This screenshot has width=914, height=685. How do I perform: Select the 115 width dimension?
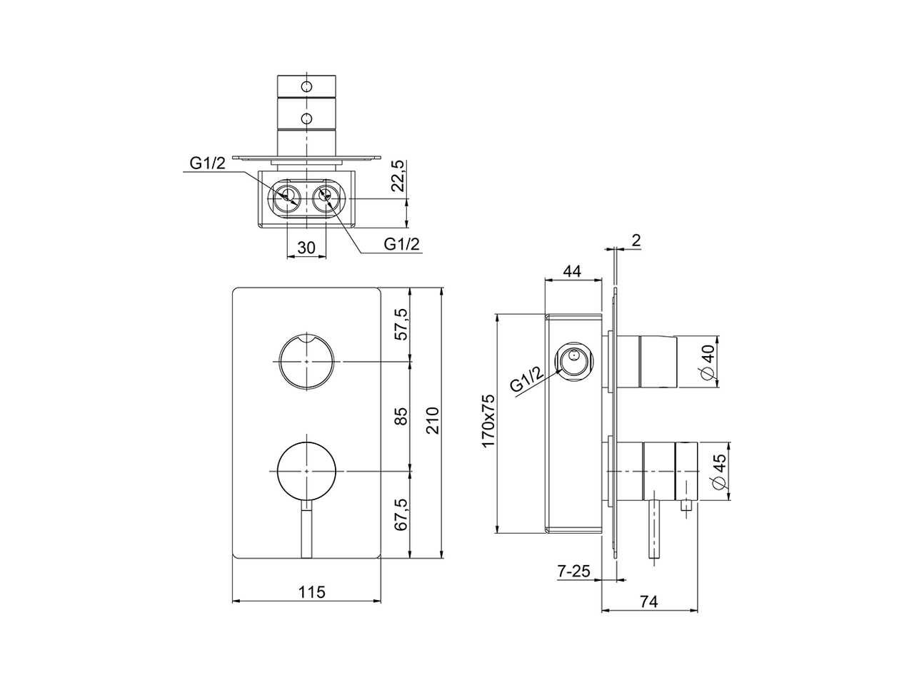311,592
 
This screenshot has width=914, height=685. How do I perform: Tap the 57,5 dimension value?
401,325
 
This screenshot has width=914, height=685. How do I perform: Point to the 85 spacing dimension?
401,416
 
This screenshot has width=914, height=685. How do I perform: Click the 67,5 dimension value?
401,514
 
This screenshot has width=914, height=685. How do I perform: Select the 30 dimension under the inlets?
306,248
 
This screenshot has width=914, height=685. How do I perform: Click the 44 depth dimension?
572,271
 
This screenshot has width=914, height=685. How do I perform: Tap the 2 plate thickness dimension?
636,240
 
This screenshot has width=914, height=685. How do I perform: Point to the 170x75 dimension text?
488,421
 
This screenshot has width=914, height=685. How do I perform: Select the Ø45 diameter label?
719,472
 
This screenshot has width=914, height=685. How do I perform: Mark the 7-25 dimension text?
573,570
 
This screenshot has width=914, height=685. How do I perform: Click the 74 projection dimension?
648,602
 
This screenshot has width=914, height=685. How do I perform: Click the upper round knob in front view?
306,362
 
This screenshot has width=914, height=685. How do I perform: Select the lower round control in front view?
306,471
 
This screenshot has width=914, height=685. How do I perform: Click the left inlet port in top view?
288,196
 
